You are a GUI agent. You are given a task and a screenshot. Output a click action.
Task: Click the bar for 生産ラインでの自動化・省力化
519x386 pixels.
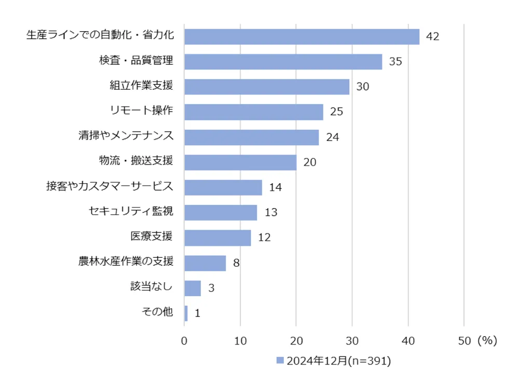(x=302, y=37)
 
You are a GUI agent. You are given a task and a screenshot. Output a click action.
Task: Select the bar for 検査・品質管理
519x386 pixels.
(x=283, y=62)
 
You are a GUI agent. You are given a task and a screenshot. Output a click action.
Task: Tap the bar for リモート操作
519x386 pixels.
(x=253, y=112)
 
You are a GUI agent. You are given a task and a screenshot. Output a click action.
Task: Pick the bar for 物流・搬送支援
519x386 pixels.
(x=240, y=162)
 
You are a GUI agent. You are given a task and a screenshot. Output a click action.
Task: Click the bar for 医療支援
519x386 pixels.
(x=217, y=238)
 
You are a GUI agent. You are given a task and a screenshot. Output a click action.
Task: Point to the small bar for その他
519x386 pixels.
(x=186, y=313)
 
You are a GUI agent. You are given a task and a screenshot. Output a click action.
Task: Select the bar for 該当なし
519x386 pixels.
(x=192, y=288)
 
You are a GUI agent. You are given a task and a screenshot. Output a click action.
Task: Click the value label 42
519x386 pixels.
(x=432, y=37)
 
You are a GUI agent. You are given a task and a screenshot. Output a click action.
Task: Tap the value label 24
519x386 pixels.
(x=333, y=137)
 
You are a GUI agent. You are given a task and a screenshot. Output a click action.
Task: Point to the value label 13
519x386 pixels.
(x=270, y=213)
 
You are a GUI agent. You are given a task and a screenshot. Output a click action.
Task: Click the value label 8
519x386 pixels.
(x=236, y=263)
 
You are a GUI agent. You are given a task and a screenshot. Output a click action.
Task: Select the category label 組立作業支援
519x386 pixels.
(x=141, y=86)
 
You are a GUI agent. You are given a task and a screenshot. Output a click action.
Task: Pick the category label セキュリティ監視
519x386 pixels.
(x=131, y=212)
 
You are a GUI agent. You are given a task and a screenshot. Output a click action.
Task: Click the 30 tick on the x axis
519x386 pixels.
(x=352, y=341)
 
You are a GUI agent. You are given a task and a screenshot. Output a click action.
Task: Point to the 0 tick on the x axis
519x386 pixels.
(x=184, y=341)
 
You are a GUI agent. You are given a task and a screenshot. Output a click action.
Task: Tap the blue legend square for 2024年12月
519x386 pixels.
(x=280, y=361)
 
